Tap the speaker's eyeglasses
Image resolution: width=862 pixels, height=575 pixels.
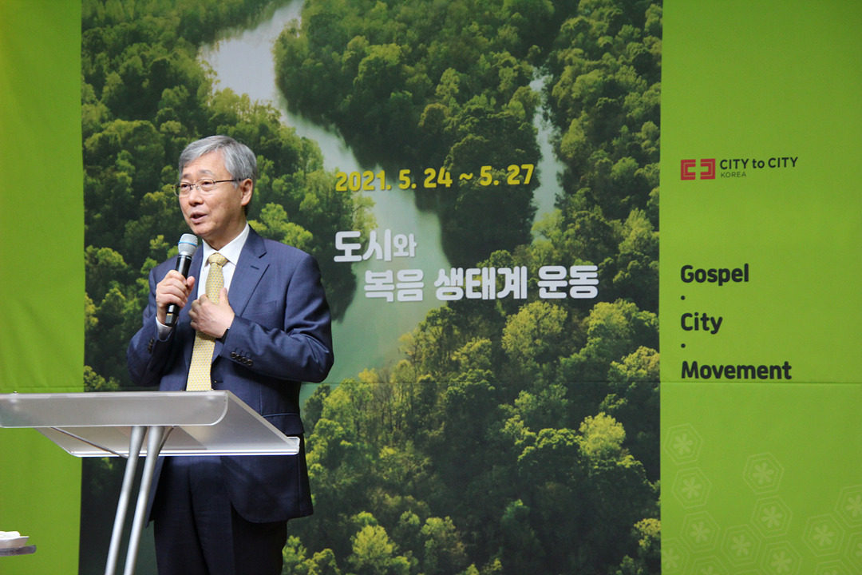pos(204,186)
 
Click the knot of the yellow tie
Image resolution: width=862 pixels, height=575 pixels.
pos(217,260)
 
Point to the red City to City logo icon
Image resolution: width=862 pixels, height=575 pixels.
pos(698,169)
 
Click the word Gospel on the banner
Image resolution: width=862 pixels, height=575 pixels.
pos(714,274)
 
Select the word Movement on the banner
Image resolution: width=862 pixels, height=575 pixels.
pos(736,371)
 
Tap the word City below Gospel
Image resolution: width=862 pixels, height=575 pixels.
pos(702,323)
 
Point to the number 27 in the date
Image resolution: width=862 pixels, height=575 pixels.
pos(520,175)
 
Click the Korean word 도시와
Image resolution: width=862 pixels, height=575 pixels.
pos(375,245)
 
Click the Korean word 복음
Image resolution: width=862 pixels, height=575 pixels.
pos(393,286)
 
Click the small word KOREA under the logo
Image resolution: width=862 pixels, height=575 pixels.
pos(733,174)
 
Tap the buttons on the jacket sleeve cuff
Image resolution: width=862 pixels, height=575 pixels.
pos(241,359)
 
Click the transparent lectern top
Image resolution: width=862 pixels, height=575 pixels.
pos(148,422)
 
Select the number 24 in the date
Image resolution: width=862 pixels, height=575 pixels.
pos(437,178)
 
